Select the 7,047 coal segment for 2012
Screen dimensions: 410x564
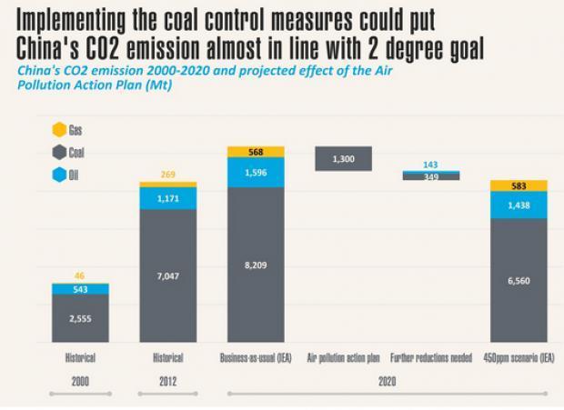pos(167,275)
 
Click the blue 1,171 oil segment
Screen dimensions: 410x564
pos(167,199)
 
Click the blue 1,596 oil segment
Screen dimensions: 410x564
pos(257,172)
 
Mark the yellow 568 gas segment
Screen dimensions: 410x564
pos(257,152)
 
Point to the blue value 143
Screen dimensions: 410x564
pos(431,165)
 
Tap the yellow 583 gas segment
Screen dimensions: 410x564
pos(519,186)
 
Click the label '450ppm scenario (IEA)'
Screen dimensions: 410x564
pos(519,357)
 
